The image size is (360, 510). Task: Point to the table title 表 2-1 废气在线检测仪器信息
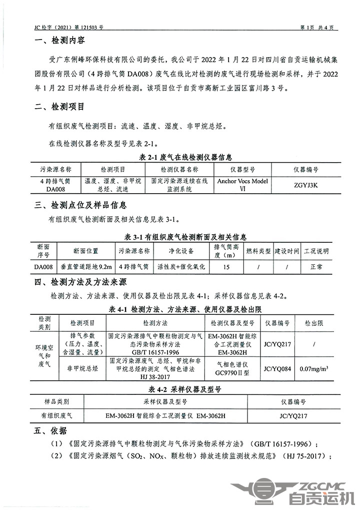click(179, 158)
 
